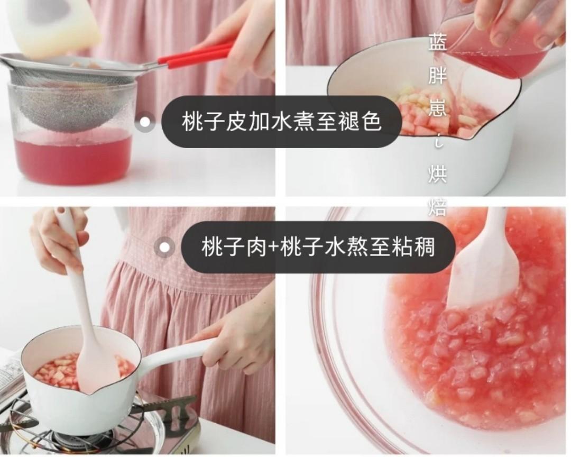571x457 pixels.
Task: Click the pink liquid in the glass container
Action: (x=74, y=156)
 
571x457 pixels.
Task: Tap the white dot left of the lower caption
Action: (x=166, y=246)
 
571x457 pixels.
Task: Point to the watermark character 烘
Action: (x=438, y=174)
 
